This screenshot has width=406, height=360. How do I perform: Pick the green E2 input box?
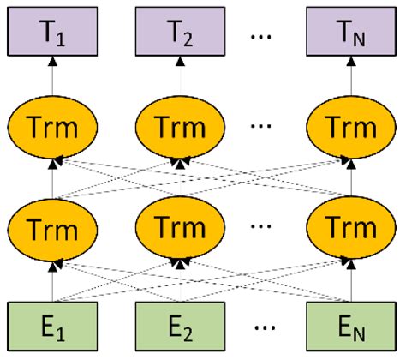(180, 328)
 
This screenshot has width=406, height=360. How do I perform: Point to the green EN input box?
(352, 328)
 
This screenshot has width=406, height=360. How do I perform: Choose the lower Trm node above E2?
(180, 230)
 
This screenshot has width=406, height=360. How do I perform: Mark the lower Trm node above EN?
(352, 230)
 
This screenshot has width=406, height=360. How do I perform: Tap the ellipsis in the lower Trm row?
(266, 231)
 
